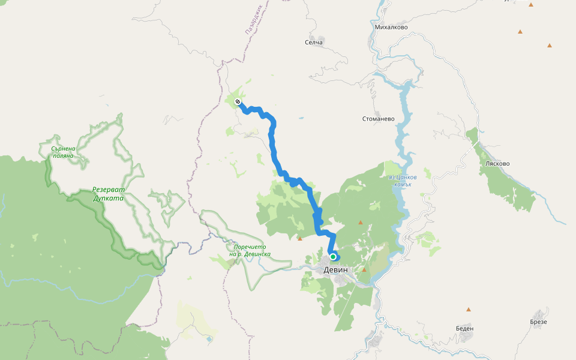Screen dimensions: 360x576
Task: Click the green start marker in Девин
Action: point(332,257)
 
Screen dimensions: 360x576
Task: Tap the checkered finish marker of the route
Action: point(238,101)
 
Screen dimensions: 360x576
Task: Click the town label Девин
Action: point(335,270)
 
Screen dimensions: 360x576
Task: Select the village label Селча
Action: point(314,42)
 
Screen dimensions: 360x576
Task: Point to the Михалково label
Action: point(391,27)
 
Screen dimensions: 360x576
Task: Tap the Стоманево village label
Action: point(379,119)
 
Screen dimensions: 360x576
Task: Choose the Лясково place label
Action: point(497,163)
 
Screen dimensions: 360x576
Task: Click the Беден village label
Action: point(464,328)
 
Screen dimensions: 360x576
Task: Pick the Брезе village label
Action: point(538,322)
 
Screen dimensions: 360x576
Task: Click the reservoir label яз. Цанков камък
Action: point(402,181)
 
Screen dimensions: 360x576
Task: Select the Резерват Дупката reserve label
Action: point(108,193)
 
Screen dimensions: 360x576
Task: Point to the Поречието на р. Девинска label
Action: point(250,250)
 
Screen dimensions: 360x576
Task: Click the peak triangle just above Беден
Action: point(469,310)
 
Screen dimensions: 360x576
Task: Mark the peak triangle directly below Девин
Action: point(364,270)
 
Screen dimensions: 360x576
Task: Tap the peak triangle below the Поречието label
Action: point(300,238)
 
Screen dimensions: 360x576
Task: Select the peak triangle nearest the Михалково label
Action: point(520,31)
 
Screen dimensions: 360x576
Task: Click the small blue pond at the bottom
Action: point(209,339)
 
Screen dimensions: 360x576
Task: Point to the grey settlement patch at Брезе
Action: point(539,314)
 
